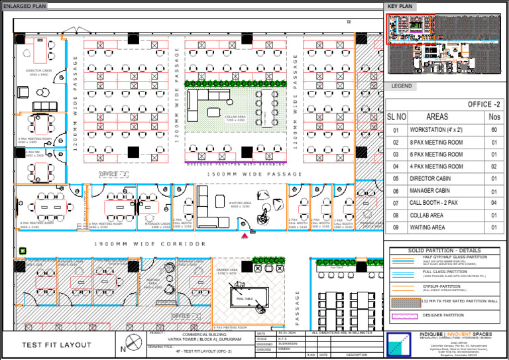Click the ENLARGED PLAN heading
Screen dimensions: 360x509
[x=25, y=6]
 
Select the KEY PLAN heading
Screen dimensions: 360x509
[x=400, y=6]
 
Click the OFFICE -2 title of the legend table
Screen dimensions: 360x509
[x=484, y=104]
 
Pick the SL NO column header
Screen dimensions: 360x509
[x=396, y=117]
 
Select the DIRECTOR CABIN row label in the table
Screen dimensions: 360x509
[x=431, y=178]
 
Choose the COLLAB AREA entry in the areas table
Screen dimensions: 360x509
[x=427, y=215]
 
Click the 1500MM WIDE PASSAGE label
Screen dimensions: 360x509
[x=254, y=174]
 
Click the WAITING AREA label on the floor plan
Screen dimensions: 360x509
[x=239, y=204]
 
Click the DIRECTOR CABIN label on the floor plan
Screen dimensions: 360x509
[x=37, y=72]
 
